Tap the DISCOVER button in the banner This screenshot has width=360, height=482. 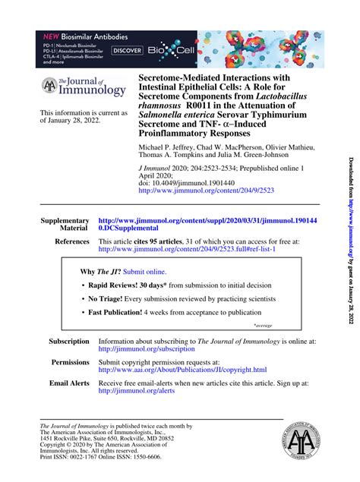pyautogui.click(x=128, y=50)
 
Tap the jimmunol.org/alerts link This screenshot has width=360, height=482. pyautogui.click(x=137, y=391)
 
